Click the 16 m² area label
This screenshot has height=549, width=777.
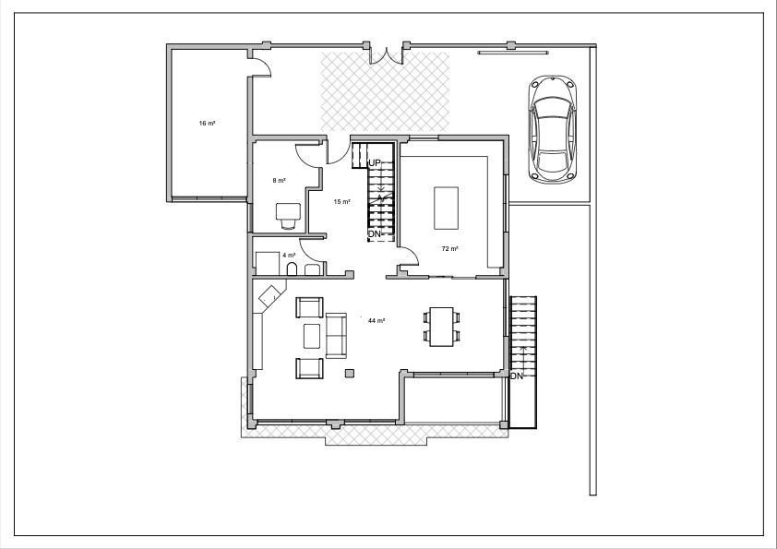click(207, 123)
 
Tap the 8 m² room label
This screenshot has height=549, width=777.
click(279, 180)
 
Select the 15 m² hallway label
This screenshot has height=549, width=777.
click(342, 202)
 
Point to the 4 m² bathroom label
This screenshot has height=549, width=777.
click(289, 256)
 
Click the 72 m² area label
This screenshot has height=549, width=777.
click(449, 249)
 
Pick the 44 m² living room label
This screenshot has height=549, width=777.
click(377, 320)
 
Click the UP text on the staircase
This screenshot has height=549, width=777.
click(374, 162)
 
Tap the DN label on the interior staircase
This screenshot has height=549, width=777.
click(374, 233)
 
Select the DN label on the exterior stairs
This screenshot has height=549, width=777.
click(517, 376)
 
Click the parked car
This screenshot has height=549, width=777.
click(552, 130)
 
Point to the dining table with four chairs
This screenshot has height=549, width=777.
click(441, 327)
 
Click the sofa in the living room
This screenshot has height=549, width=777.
click(336, 336)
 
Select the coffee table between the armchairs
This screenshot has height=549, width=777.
click(312, 336)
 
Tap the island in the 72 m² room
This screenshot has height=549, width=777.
click(446, 209)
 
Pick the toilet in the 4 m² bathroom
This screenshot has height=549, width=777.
click(292, 269)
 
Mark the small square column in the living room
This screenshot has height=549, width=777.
click(350, 373)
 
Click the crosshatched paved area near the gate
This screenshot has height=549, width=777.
click(385, 91)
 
